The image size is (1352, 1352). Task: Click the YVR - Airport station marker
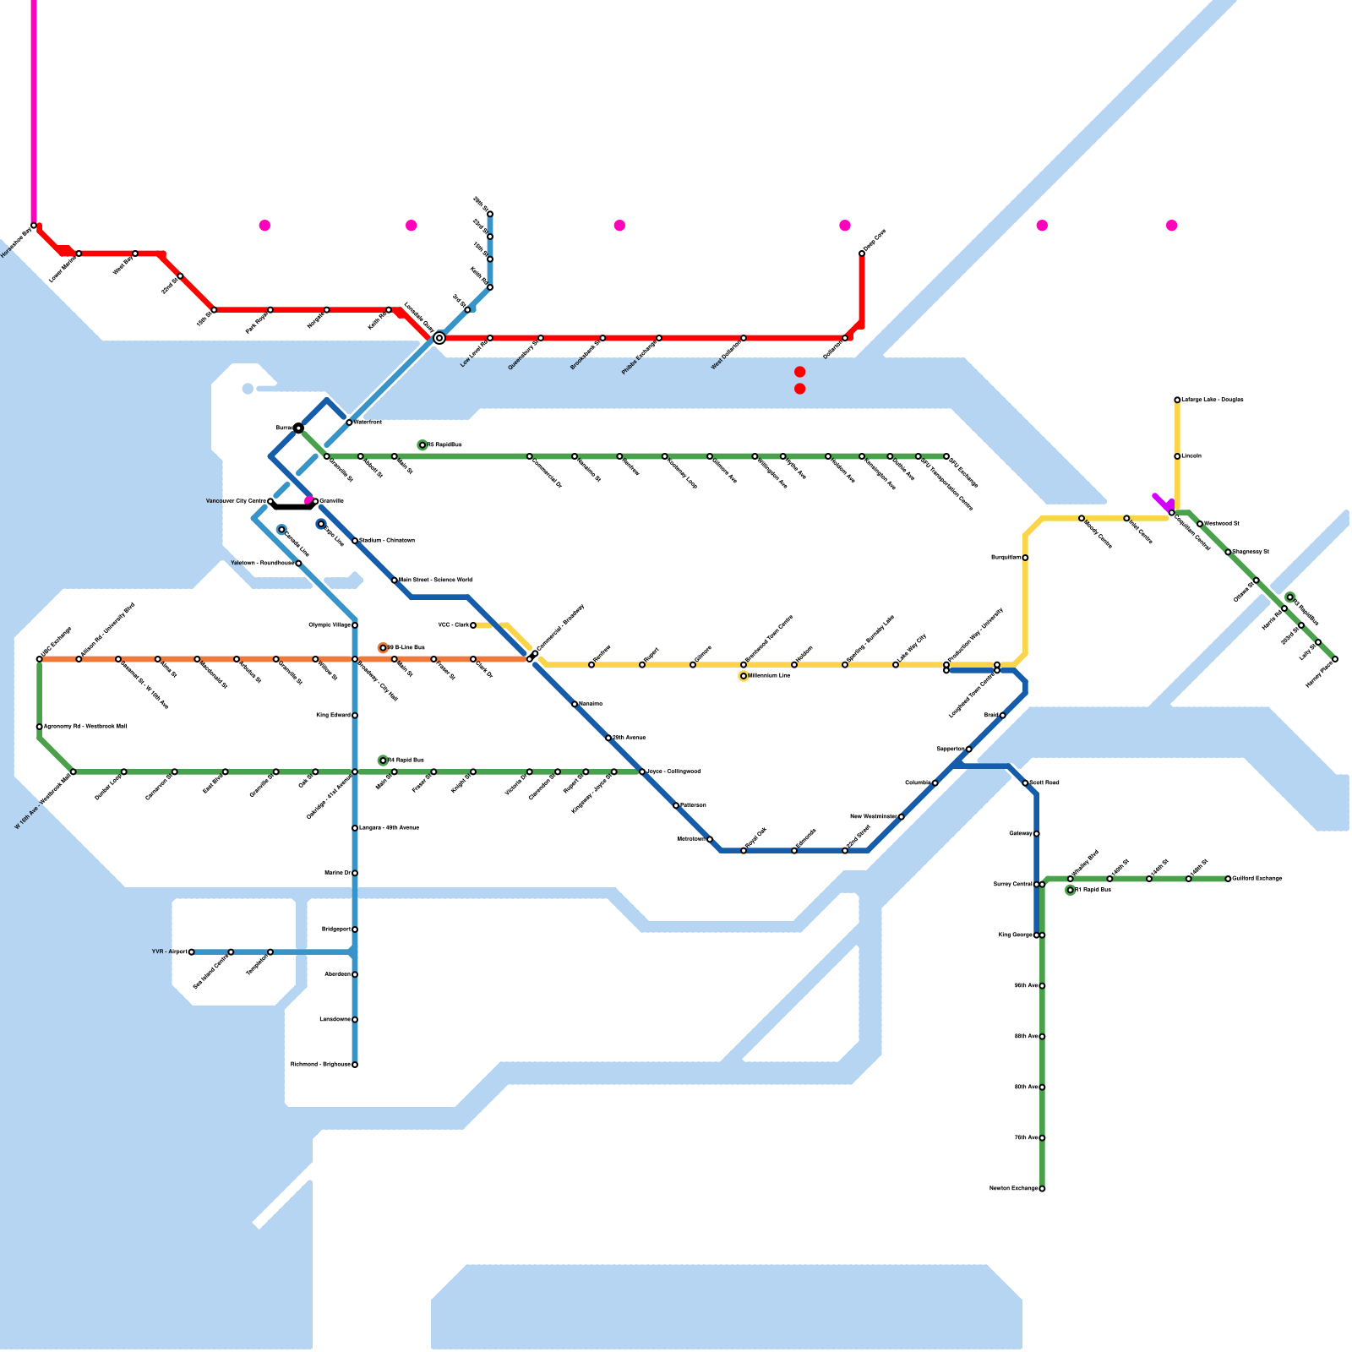(192, 952)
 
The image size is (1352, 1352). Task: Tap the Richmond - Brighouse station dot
(355, 1065)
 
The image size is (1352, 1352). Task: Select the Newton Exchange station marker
(1042, 1189)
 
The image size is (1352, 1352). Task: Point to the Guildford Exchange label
(1257, 879)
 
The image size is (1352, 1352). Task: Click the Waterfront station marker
(349, 422)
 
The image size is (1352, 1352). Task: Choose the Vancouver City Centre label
(236, 501)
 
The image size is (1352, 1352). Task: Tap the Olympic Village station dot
(355, 625)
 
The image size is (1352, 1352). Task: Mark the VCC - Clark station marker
(473, 625)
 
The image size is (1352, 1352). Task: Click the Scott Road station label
(1044, 783)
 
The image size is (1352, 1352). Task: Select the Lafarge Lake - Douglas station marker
(1177, 400)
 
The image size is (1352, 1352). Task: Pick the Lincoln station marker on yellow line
(1177, 456)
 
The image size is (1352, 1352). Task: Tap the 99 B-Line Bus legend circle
(383, 648)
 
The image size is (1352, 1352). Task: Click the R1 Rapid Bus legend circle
(1071, 890)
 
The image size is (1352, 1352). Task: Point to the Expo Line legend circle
(321, 524)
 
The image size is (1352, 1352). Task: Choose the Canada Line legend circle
(281, 530)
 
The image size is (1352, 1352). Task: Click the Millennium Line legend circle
(744, 676)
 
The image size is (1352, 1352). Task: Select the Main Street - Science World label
(435, 581)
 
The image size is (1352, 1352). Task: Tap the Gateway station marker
(1037, 834)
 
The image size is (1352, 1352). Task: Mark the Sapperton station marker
(969, 750)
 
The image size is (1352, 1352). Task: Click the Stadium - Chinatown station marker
(355, 541)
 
